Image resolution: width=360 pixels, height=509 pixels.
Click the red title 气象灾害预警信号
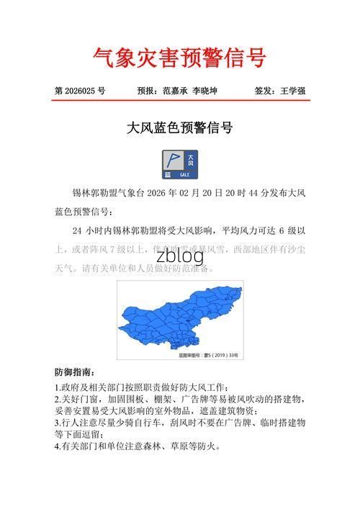(x=180, y=57)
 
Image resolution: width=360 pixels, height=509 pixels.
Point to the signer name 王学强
(x=293, y=91)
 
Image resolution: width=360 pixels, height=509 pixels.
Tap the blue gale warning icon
(x=180, y=164)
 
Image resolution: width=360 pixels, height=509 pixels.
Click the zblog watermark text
(x=180, y=256)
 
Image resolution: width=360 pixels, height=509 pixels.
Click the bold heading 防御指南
(x=74, y=373)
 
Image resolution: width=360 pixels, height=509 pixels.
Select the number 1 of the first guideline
(x=57, y=387)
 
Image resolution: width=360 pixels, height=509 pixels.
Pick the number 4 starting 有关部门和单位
(x=57, y=446)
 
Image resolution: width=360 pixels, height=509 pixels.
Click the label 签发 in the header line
(x=264, y=91)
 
